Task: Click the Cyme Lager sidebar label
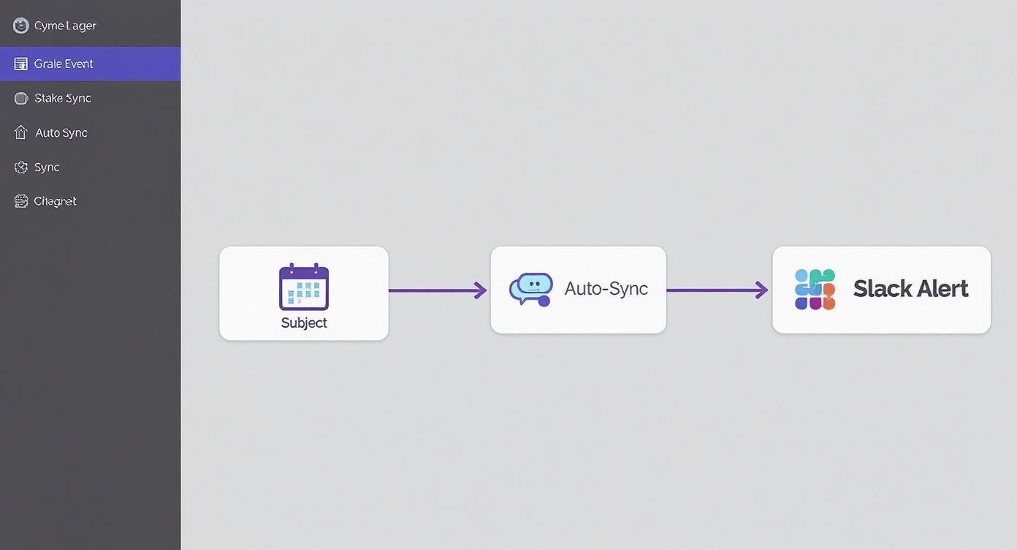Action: click(x=65, y=26)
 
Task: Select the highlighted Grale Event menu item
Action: click(x=64, y=64)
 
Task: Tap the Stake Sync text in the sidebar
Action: click(x=63, y=98)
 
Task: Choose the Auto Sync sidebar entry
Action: click(x=61, y=132)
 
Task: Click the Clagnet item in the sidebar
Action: click(x=56, y=201)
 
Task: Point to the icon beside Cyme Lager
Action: click(x=21, y=26)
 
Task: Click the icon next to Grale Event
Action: click(x=21, y=64)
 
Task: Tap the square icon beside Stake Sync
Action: click(x=21, y=98)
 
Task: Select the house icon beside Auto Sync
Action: click(x=21, y=132)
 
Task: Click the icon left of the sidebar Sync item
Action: click(x=21, y=167)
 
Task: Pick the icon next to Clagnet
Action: click(x=21, y=201)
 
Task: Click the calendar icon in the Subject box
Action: click(x=304, y=287)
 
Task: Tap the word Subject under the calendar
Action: click(x=304, y=323)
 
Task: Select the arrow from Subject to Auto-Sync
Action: click(x=438, y=290)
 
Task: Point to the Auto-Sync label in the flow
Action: click(x=606, y=288)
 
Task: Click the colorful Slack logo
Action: click(x=815, y=289)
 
